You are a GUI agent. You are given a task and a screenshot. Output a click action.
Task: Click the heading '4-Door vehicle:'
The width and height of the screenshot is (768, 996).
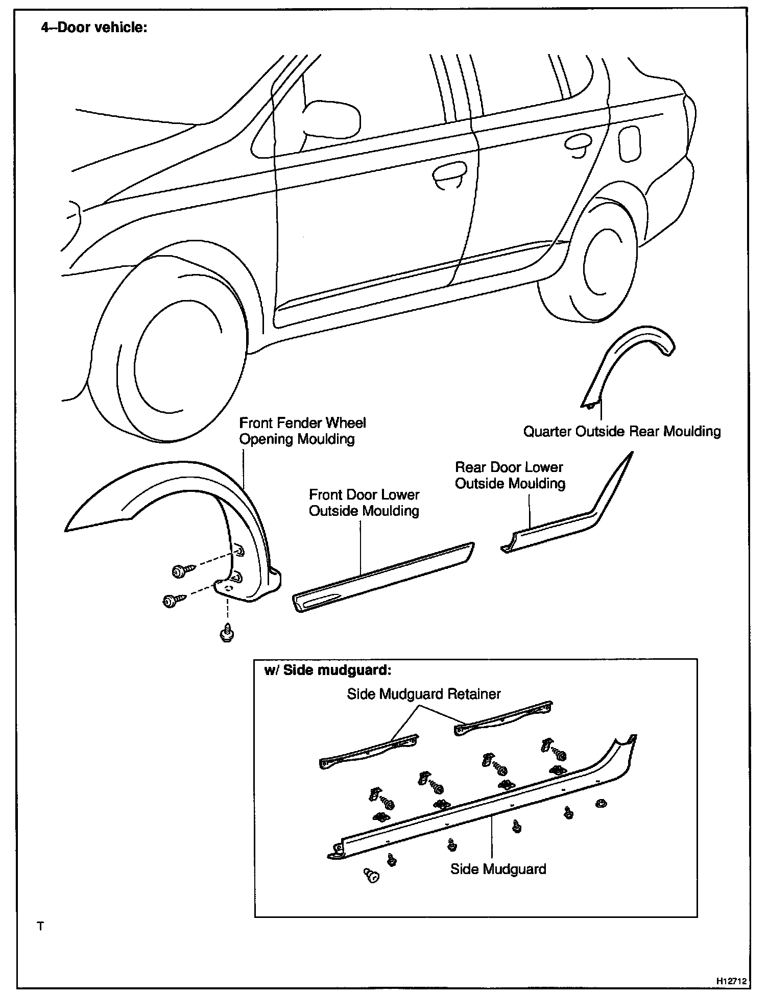pyautogui.click(x=94, y=27)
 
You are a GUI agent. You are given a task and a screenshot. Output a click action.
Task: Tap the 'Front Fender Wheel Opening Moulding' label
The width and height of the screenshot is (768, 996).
pyautogui.click(x=302, y=431)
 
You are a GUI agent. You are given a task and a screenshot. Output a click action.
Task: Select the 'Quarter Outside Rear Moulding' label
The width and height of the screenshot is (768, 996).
pyautogui.click(x=622, y=432)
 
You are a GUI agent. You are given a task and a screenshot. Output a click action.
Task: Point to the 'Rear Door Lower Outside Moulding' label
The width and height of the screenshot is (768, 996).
pyautogui.click(x=510, y=475)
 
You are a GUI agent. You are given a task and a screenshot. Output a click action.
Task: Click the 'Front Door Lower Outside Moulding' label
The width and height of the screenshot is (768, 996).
pyautogui.click(x=364, y=503)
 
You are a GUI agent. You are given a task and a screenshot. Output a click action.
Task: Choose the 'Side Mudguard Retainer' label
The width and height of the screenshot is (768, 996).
pyautogui.click(x=424, y=694)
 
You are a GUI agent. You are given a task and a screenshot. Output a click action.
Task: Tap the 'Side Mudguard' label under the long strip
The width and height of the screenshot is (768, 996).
pyautogui.click(x=498, y=869)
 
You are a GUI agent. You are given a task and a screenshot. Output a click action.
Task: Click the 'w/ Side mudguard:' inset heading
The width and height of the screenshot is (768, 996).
pyautogui.click(x=327, y=670)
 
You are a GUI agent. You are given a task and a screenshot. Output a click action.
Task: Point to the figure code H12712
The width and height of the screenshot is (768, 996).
pyautogui.click(x=731, y=981)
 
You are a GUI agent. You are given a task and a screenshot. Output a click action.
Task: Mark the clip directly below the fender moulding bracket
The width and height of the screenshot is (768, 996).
pyautogui.click(x=227, y=633)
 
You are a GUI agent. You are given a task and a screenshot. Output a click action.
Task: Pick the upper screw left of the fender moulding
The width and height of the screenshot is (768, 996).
pyautogui.click(x=181, y=570)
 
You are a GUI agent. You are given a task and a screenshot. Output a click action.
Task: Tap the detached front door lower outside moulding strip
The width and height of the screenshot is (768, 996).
pyautogui.click(x=383, y=577)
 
